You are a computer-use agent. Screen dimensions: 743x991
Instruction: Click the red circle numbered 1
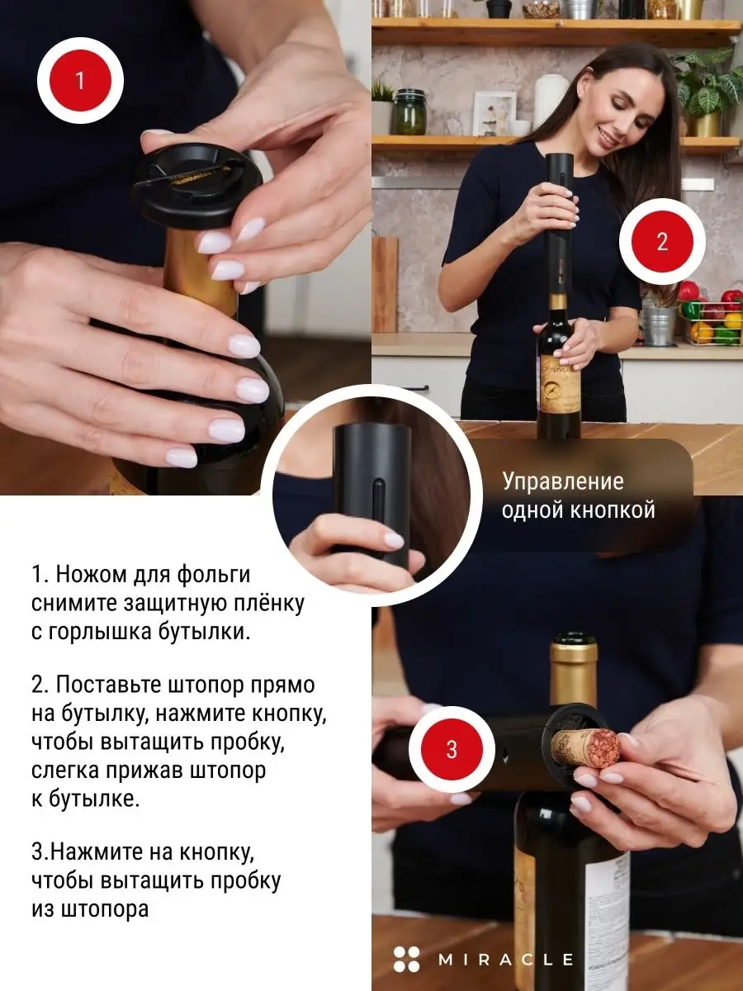point(80,81)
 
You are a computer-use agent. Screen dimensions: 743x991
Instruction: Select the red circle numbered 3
point(452,750)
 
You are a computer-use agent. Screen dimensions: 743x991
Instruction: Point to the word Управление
point(563,482)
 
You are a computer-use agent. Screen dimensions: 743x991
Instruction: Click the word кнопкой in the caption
point(613,510)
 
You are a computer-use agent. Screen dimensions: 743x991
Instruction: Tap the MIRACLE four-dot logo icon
point(406,959)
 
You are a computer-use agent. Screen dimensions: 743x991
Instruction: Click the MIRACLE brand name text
point(506,960)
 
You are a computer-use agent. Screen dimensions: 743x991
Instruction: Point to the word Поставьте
point(109,685)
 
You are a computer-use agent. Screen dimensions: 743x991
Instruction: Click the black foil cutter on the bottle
point(196,185)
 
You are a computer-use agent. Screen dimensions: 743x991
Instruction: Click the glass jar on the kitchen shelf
point(409,112)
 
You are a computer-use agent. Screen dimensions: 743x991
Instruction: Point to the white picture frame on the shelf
point(495,113)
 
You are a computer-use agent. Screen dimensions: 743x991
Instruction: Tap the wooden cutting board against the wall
point(385,284)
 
